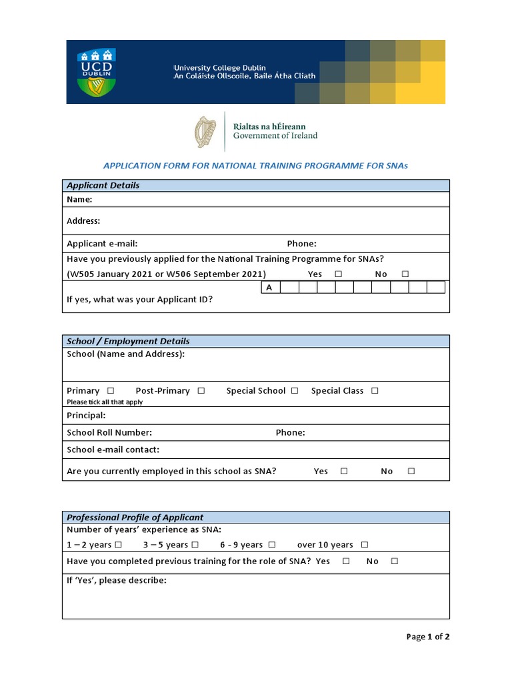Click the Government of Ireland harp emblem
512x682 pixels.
[x=205, y=131]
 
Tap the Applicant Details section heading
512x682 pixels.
[x=103, y=185]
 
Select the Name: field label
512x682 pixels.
[x=79, y=199]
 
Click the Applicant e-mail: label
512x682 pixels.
[x=102, y=244]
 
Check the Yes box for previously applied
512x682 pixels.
[x=339, y=274]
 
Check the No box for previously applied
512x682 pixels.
[x=405, y=274]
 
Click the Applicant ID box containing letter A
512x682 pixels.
[x=269, y=288]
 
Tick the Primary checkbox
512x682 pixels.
[x=111, y=390]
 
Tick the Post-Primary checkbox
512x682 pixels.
[x=201, y=390]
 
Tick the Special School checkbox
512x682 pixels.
[x=295, y=390]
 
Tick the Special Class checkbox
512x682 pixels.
[x=375, y=390]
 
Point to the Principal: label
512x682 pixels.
[x=86, y=416]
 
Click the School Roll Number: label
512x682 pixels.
[x=109, y=432]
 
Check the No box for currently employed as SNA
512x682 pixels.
[x=411, y=471]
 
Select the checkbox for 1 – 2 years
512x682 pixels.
[x=118, y=545]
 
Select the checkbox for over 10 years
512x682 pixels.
[x=364, y=545]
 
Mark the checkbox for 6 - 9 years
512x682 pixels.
[x=272, y=545]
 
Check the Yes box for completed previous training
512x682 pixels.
[x=346, y=561]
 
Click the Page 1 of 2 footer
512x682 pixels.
[x=428, y=637]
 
